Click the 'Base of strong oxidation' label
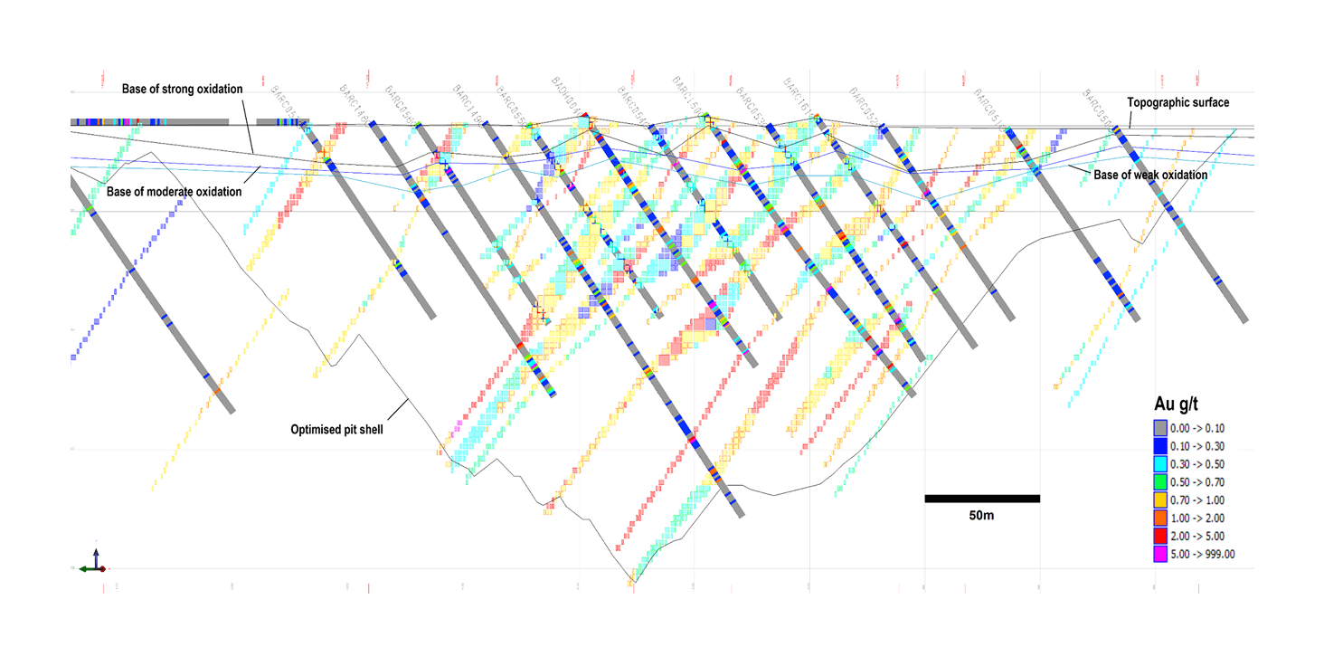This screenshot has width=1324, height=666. click(182, 89)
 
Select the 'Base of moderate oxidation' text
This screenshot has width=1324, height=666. click(174, 192)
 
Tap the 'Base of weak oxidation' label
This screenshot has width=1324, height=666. click(1150, 175)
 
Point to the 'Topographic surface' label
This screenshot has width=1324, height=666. click(1177, 102)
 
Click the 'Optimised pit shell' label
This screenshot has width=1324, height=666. click(336, 430)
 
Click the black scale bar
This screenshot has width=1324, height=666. click(981, 499)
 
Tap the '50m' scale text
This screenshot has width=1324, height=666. click(981, 516)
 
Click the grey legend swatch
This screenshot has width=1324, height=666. click(1160, 428)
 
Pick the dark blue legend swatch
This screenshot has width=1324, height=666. click(1160, 446)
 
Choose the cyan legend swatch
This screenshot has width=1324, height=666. click(1160, 464)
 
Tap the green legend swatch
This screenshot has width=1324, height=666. click(1160, 482)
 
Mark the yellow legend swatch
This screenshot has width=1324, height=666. click(1160, 500)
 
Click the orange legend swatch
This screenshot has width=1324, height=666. click(1160, 519)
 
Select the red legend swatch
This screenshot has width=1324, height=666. click(1160, 537)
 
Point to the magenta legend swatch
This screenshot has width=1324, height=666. click(1160, 555)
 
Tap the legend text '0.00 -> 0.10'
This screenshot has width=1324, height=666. click(1200, 428)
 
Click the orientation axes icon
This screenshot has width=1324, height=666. click(94, 562)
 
